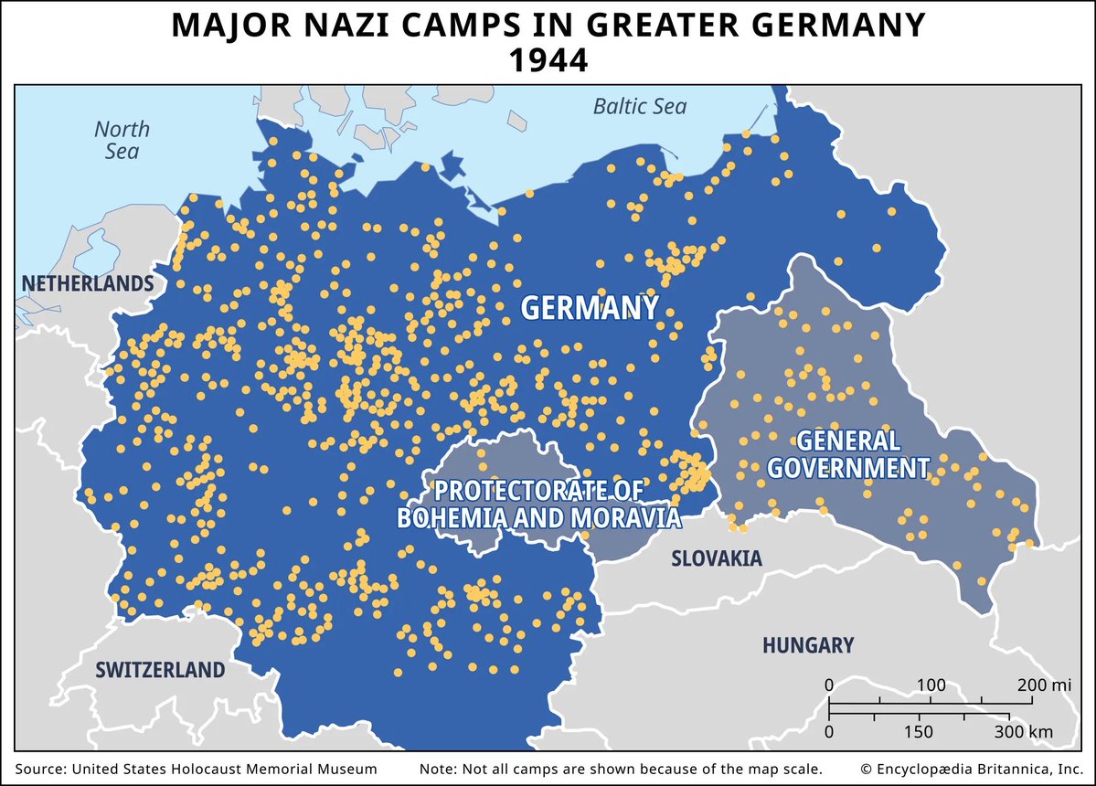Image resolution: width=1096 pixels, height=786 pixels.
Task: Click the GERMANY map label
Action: coord(590,308)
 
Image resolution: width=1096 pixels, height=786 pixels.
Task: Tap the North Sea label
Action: coord(122,140)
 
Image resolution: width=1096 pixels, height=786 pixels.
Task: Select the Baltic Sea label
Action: coord(640,107)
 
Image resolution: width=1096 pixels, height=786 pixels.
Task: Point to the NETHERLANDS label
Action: coord(88,283)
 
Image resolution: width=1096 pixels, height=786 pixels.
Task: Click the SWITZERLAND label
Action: coord(160,670)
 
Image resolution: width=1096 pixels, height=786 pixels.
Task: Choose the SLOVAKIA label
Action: coord(717,558)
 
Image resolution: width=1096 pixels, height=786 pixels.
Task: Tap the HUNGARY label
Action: coord(808,645)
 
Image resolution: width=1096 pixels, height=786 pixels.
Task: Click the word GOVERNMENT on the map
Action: coord(847,469)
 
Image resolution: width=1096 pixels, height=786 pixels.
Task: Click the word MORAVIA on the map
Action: coord(627,517)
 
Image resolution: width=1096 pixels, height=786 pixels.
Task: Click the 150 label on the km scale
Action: coord(920,732)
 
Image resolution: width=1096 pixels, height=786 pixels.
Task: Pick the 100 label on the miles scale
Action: coord(931,685)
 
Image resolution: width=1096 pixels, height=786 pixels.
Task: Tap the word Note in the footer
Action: coord(437,769)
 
